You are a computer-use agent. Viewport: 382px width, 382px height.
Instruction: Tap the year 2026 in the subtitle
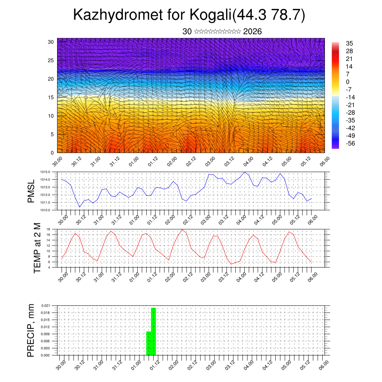(x=252, y=32)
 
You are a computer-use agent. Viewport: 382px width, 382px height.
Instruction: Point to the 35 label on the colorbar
(x=350, y=43)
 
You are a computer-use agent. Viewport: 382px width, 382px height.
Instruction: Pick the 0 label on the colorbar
(x=348, y=82)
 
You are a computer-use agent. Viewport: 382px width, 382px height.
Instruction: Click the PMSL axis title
(x=31, y=191)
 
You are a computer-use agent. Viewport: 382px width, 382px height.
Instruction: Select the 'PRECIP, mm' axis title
(x=31, y=331)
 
